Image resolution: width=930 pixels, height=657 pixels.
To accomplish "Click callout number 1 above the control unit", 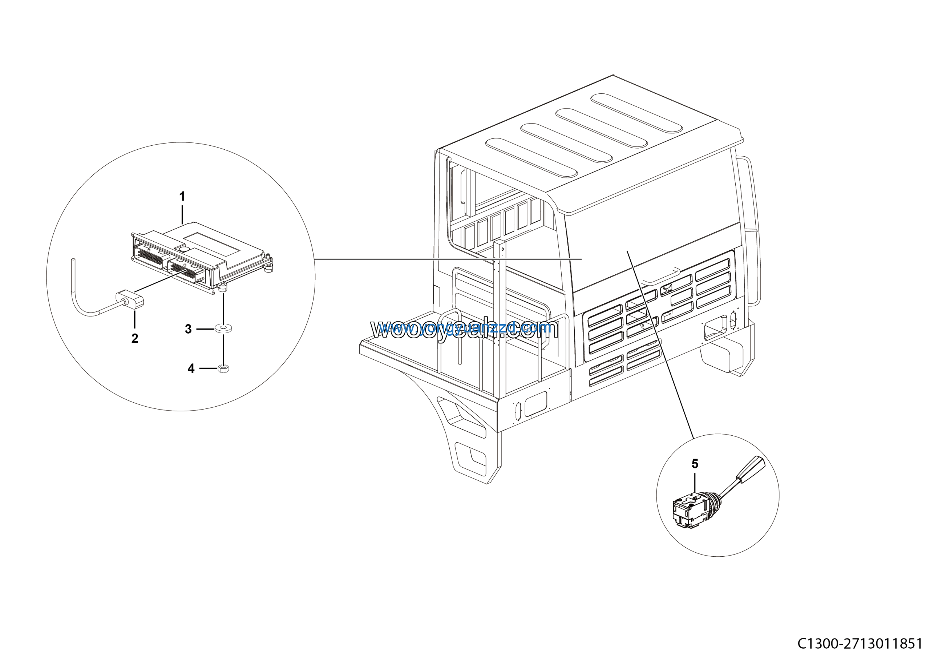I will tap(182, 197).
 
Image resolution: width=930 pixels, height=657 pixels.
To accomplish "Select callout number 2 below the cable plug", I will tap(135, 339).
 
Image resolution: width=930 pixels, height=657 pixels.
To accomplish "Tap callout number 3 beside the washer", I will tap(188, 329).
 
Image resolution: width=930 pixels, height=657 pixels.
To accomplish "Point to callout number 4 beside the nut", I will tap(191, 368).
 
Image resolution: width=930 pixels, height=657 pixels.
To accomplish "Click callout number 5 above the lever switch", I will tap(695, 464).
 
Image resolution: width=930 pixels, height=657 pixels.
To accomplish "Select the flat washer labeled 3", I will tap(223, 328).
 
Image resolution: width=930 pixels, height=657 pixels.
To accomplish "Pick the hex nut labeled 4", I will tap(223, 368).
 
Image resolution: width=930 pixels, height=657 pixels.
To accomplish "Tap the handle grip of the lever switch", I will tap(751, 469).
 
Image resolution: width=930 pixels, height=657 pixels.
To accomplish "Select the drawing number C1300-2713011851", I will tap(863, 644).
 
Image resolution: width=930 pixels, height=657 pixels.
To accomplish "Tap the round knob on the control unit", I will tap(184, 250).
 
